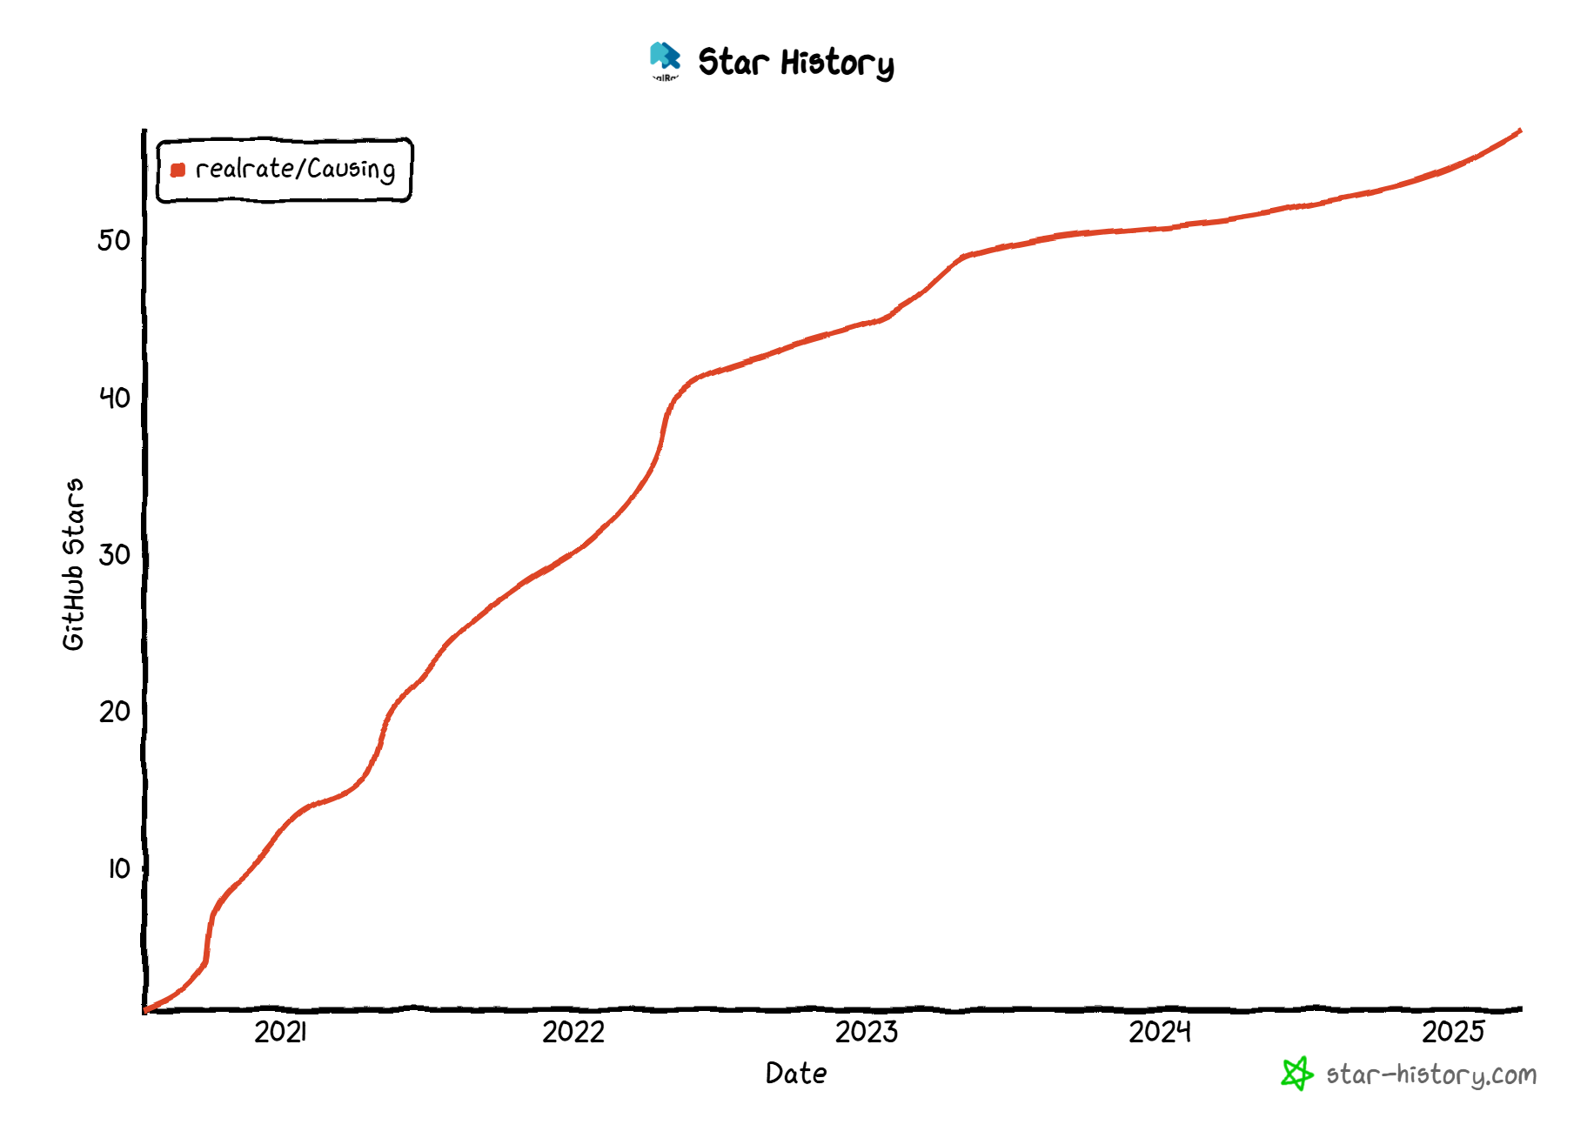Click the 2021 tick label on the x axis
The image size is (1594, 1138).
[x=280, y=1032]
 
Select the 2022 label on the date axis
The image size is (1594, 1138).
[x=573, y=1032]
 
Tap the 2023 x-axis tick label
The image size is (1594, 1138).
[x=867, y=1032]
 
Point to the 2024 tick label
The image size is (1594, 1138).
[x=1160, y=1032]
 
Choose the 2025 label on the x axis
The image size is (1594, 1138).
[x=1453, y=1032]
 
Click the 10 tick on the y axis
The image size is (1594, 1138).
[x=119, y=868]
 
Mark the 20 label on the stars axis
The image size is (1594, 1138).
[x=115, y=712]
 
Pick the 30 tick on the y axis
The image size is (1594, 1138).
[x=115, y=554]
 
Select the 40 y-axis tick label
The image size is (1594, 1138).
[x=115, y=398]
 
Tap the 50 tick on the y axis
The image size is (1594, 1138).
[x=115, y=240]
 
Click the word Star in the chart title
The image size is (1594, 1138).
[x=733, y=63]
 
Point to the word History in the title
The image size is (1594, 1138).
[x=837, y=64]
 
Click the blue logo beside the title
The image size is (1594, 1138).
[x=665, y=59]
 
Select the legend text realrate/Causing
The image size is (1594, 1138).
[x=295, y=169]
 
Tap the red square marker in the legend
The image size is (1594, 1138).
[x=177, y=170]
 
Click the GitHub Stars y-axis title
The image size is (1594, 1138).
[x=74, y=564]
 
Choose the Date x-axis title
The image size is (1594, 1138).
[x=796, y=1074]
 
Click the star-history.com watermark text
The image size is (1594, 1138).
[x=1431, y=1075]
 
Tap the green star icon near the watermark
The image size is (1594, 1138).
[x=1296, y=1074]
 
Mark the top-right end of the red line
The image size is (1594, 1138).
[x=1519, y=131]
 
